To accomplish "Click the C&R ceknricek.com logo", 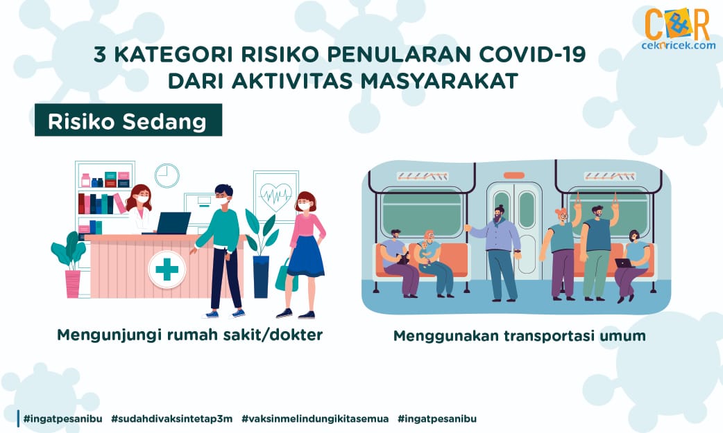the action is pyautogui.click(x=677, y=28).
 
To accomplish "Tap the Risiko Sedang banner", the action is pyautogui.click(x=128, y=120).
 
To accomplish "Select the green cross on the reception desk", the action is pyautogui.click(x=167, y=269).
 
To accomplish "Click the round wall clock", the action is pyautogui.click(x=167, y=175).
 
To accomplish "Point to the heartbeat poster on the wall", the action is pyautogui.click(x=275, y=197).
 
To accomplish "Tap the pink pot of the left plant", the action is pyautogui.click(x=73, y=284).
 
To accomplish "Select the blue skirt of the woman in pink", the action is pyautogui.click(x=305, y=256).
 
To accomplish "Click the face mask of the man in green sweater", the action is pyautogui.click(x=222, y=200).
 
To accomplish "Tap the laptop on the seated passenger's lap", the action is pyautogui.click(x=624, y=263).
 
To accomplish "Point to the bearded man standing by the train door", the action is pyautogui.click(x=497, y=254).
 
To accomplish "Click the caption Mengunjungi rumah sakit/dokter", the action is pyautogui.click(x=189, y=335).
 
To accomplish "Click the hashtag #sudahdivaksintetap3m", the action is pyautogui.click(x=171, y=418).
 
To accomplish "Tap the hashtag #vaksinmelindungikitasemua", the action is pyautogui.click(x=315, y=418).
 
